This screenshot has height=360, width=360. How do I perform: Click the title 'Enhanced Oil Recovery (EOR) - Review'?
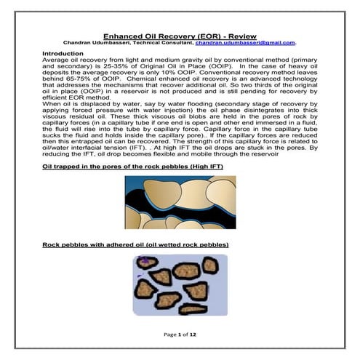click(x=179, y=34)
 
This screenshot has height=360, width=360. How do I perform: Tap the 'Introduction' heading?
click(x=63, y=54)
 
